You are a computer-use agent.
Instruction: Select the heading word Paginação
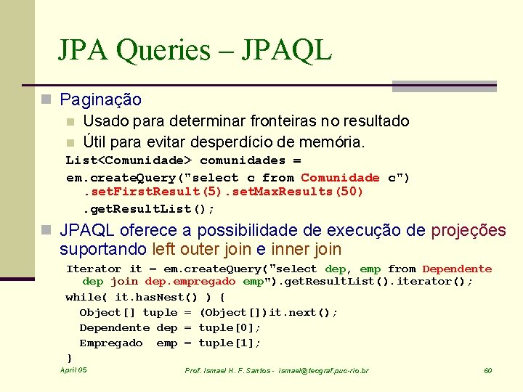click(x=100, y=99)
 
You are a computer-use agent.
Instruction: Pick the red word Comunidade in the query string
click(x=340, y=178)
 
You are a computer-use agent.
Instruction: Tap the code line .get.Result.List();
click(x=148, y=209)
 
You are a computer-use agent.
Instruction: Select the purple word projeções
click(x=469, y=231)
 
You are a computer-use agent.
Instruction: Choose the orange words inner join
click(x=304, y=250)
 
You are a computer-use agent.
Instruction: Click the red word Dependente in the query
click(x=457, y=269)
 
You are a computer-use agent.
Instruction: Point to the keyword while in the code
click(x=83, y=297)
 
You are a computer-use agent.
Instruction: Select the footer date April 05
click(x=73, y=370)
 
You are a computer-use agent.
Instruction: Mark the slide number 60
click(x=488, y=371)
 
